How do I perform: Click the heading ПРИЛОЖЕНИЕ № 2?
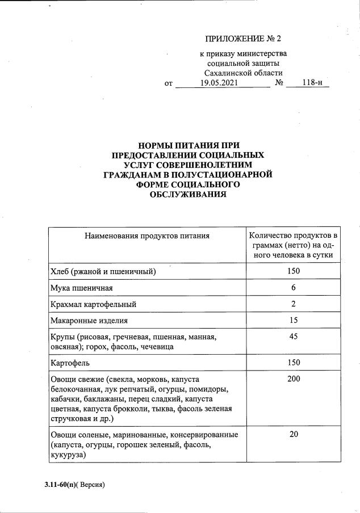pyautogui.click(x=242, y=39)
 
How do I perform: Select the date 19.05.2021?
pyautogui.click(x=219, y=83)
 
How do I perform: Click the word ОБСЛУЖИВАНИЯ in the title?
pyautogui.click(x=187, y=195)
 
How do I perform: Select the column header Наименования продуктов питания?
pyautogui.click(x=147, y=235)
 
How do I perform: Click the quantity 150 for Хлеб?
pyautogui.click(x=294, y=271)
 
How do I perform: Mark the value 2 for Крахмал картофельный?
pyautogui.click(x=294, y=304)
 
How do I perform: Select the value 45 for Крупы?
pyautogui.click(x=294, y=337)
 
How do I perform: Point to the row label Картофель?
pyautogui.click(x=70, y=362)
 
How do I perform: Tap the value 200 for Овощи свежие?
pyautogui.click(x=294, y=379)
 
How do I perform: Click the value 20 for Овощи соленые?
pyautogui.click(x=294, y=435)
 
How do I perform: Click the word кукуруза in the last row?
pyautogui.click(x=68, y=455)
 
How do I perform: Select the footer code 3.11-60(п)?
pyautogui.click(x=60, y=485)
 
